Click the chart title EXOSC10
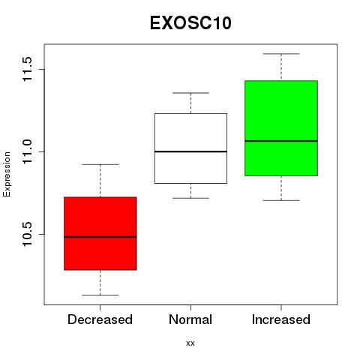click(x=190, y=23)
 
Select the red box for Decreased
click(x=100, y=233)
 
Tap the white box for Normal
click(x=190, y=148)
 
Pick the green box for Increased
click(x=281, y=128)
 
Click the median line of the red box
click(x=100, y=237)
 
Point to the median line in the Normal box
click(x=190, y=151)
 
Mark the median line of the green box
click(x=281, y=141)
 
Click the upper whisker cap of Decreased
click(x=100, y=164)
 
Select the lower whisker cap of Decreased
click(x=100, y=295)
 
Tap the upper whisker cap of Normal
click(x=190, y=93)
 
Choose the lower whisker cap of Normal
click(x=190, y=198)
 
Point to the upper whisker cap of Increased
click(x=281, y=54)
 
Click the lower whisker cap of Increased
click(x=281, y=200)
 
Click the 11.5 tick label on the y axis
click(x=27, y=69)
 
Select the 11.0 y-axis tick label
click(x=27, y=151)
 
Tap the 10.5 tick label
click(x=27, y=234)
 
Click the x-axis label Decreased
click(x=100, y=319)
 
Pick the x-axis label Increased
click(x=281, y=319)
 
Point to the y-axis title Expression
click(x=7, y=174)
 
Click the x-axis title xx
click(x=190, y=343)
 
